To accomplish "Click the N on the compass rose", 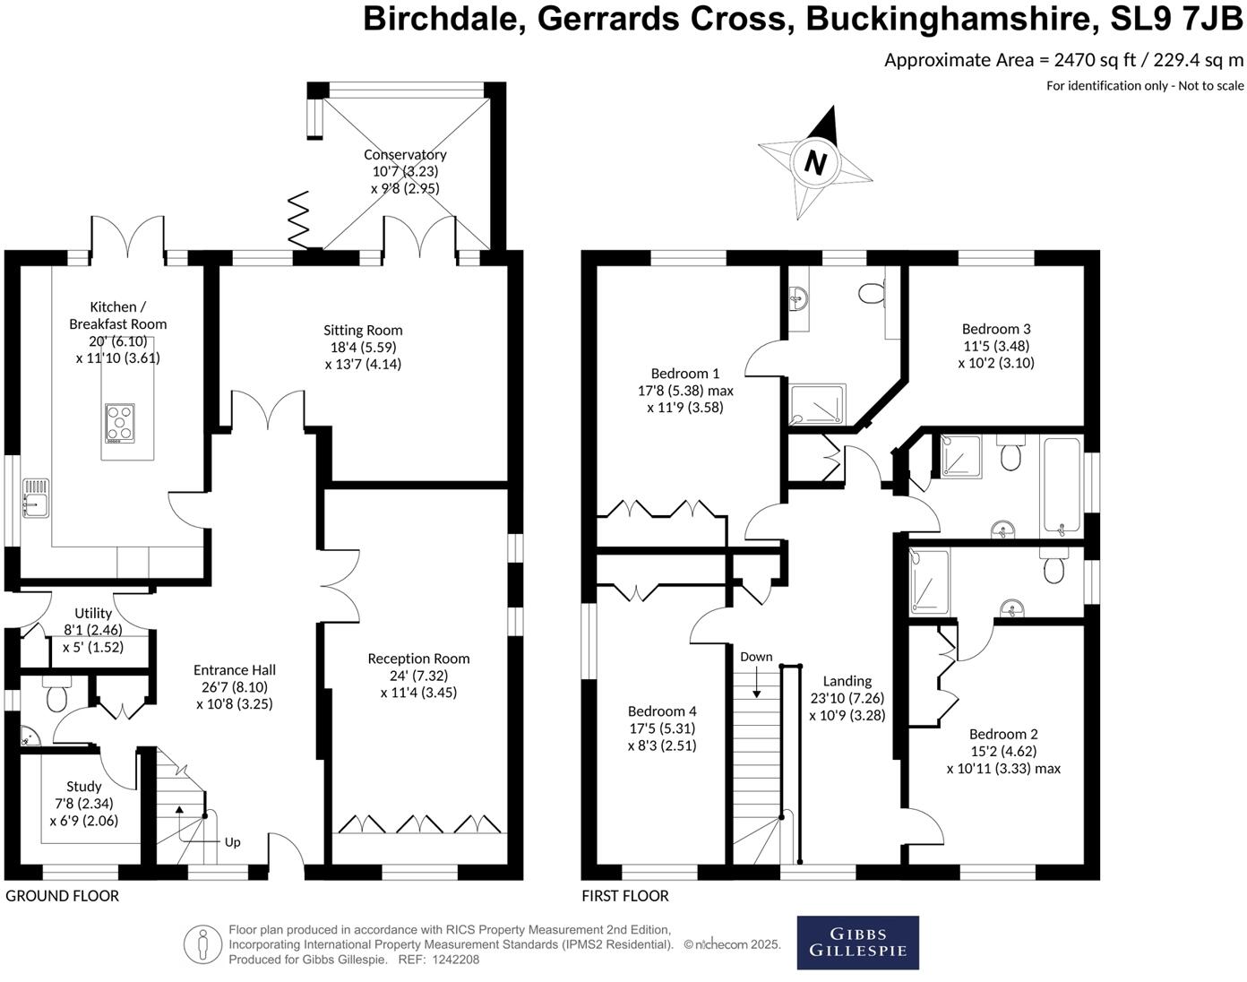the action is (815, 163).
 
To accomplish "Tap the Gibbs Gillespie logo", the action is (857, 943).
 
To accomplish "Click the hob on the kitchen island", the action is (120, 423).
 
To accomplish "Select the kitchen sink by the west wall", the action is (35, 498).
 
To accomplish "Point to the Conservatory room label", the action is (405, 155).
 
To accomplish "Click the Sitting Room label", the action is (363, 331).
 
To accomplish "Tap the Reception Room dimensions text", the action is (418, 684).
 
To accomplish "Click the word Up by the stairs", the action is (232, 842).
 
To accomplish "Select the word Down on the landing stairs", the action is (756, 657).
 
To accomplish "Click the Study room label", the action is (84, 787).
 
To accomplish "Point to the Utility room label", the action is (93, 614).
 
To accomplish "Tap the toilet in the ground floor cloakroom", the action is (56, 695).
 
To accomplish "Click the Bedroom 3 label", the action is (996, 329).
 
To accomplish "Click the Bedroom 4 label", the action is (662, 711).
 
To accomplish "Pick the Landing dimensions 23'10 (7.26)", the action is (847, 698).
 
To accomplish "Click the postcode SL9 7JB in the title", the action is (1176, 19).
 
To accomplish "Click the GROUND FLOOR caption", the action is (62, 896).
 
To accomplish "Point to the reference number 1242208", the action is (456, 960).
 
